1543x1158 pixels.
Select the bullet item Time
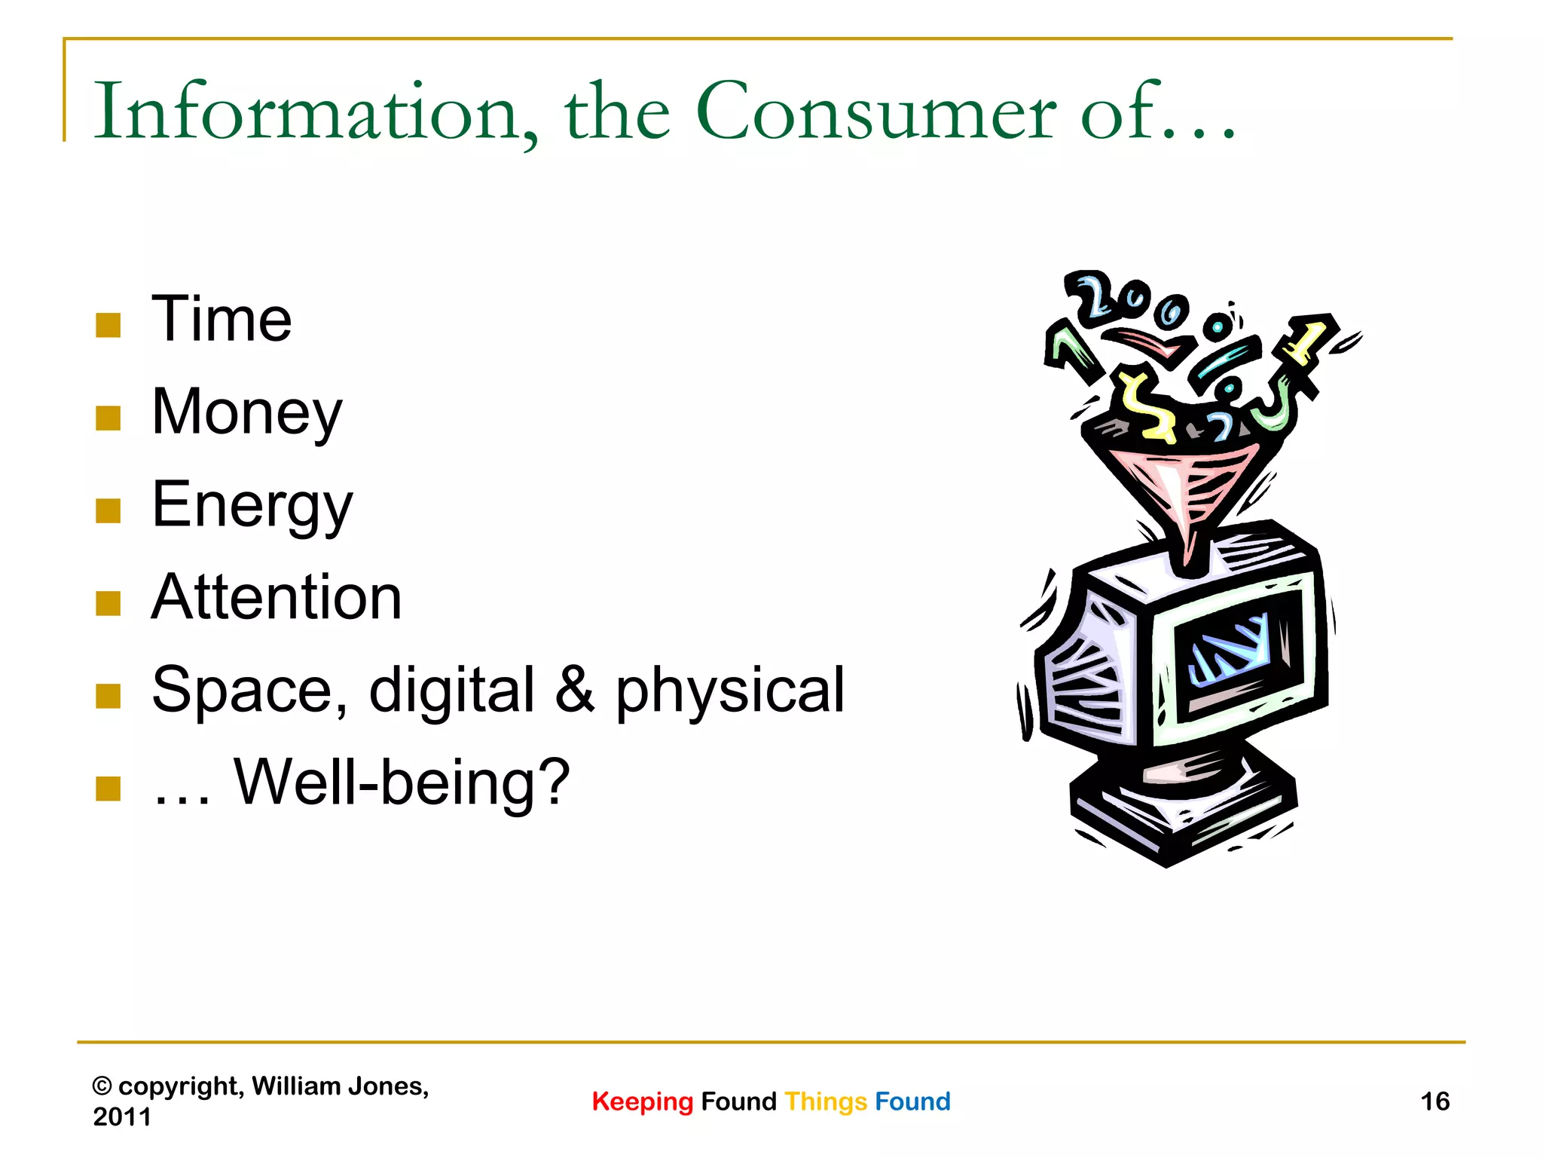coord(222,320)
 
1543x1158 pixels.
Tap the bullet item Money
coord(246,413)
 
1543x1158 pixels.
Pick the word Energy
coord(252,506)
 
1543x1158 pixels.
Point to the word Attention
coord(276,598)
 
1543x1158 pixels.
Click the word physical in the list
coord(730,691)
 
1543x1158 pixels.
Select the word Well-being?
coord(402,783)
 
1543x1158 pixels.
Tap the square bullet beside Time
coord(108,325)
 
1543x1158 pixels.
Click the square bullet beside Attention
coord(108,603)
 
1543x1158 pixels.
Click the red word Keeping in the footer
coord(642,1102)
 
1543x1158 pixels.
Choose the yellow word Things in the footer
coord(826,1102)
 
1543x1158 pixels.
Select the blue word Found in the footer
coord(912,1101)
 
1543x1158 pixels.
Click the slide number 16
coord(1435,1101)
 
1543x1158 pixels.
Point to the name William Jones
coord(339,1086)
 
